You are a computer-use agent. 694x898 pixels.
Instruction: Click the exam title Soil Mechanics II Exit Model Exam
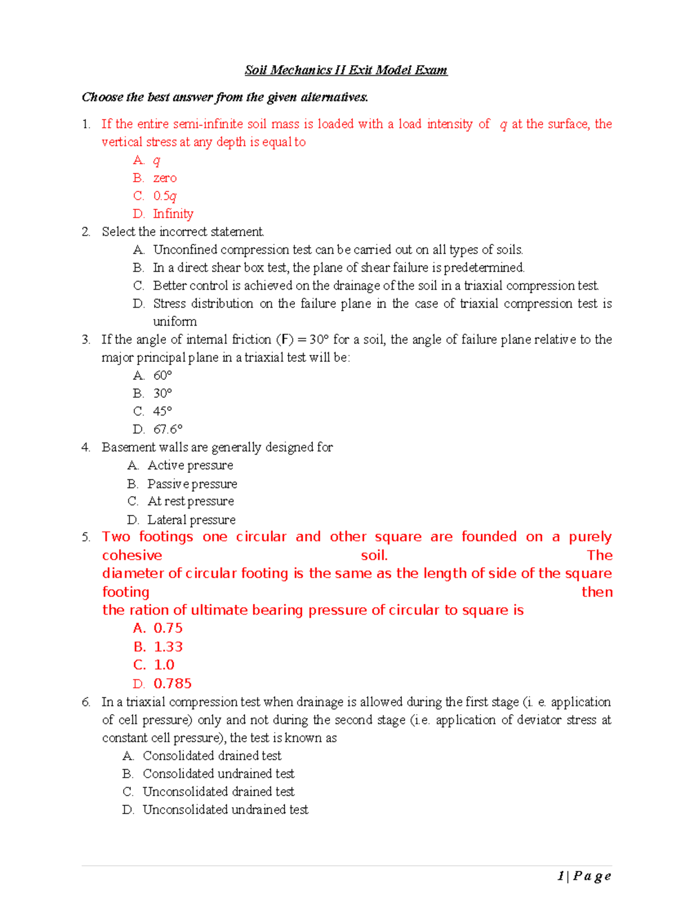click(x=346, y=70)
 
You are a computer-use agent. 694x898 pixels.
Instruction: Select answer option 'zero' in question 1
click(x=165, y=178)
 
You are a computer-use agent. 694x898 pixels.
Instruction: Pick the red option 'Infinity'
click(x=173, y=214)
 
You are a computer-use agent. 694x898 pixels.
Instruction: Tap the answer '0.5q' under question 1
click(x=165, y=196)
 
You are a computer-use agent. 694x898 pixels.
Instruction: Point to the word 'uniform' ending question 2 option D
click(x=175, y=321)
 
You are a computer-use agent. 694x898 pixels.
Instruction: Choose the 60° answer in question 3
click(x=163, y=375)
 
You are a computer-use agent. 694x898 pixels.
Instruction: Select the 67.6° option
click(x=168, y=429)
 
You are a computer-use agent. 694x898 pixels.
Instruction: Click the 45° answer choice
click(x=163, y=411)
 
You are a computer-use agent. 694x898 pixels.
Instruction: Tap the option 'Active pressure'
click(x=190, y=465)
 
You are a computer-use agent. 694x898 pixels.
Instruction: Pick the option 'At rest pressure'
click(x=190, y=501)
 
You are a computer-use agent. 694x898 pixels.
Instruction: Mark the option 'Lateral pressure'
click(x=191, y=519)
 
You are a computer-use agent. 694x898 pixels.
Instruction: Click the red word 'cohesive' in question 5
click(x=132, y=555)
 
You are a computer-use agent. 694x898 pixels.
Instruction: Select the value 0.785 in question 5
click(x=172, y=683)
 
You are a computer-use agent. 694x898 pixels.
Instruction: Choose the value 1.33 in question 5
click(x=168, y=646)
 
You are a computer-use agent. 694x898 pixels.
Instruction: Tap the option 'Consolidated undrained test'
click(x=219, y=774)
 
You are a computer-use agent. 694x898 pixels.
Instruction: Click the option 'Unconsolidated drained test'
click(x=219, y=792)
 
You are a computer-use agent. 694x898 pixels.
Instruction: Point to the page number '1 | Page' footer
click(x=584, y=876)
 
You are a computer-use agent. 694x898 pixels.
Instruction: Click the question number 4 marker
click(x=86, y=447)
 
